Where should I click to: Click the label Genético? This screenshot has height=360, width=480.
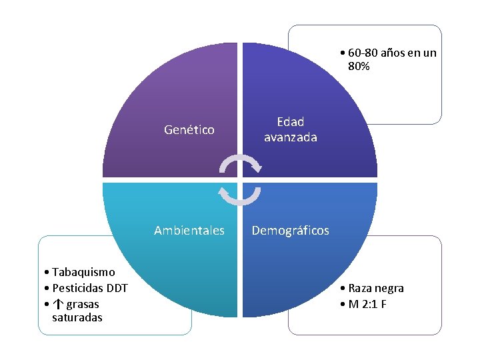(189, 130)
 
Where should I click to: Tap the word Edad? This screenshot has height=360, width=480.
(291, 122)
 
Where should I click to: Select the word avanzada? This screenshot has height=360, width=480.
(291, 137)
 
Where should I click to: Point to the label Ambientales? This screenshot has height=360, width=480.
(189, 231)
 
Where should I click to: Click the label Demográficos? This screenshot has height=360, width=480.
(291, 231)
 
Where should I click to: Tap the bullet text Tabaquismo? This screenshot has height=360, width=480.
(83, 272)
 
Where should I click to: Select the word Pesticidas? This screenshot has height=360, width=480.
(74, 288)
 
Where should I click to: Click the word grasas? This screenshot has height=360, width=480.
(83, 304)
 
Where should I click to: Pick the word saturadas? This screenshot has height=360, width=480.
(77, 318)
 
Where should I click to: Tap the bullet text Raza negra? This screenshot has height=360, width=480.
(376, 288)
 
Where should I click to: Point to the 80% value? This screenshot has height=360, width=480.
(359, 67)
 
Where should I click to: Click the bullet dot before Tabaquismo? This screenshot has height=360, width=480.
(43, 273)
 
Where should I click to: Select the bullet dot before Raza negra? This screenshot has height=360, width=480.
(341, 289)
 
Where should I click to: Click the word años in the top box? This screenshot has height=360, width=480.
(393, 53)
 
